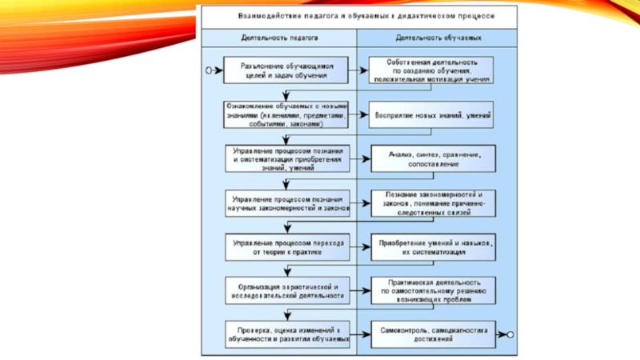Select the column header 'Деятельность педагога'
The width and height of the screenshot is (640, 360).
pyautogui.click(x=279, y=38)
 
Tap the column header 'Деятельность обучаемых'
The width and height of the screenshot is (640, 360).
pyautogui.click(x=438, y=38)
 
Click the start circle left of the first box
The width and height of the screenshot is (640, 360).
pyautogui.click(x=209, y=70)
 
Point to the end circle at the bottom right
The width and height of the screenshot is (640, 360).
pyautogui.click(x=510, y=333)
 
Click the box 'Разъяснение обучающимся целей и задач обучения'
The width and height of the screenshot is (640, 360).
pyautogui.click(x=286, y=70)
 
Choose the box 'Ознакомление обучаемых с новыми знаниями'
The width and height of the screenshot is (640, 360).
pyautogui.click(x=286, y=114)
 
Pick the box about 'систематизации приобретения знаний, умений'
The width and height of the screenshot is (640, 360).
pyautogui.click(x=286, y=158)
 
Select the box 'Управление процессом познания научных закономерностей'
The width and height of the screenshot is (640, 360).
pyautogui.click(x=286, y=202)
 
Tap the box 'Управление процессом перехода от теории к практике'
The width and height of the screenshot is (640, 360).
pyautogui.click(x=286, y=246)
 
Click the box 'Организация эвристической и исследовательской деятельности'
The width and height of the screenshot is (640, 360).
pyautogui.click(x=286, y=290)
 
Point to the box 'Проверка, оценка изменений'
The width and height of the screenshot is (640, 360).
pyautogui.click(x=286, y=334)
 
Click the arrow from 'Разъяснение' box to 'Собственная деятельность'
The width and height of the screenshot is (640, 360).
pyautogui.click(x=358, y=70)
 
